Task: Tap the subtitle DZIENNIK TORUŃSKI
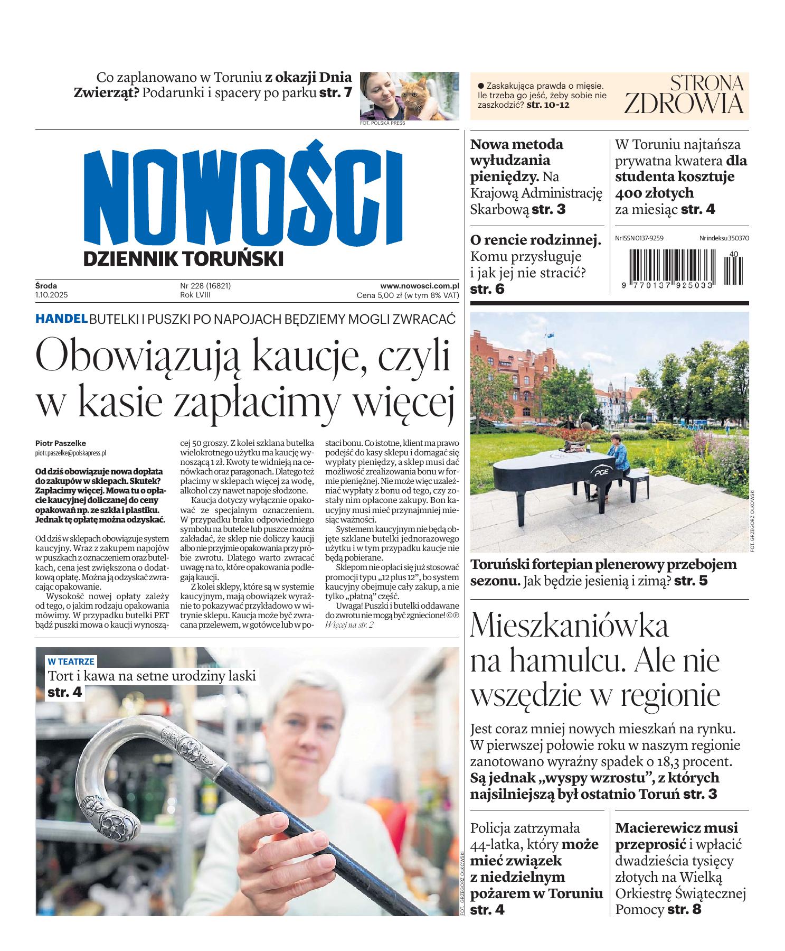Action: point(183,259)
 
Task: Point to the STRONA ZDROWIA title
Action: point(684,95)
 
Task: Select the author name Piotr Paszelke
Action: point(60,443)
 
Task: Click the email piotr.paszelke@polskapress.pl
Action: point(71,453)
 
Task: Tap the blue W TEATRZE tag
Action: point(71,661)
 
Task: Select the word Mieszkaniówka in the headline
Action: point(569,626)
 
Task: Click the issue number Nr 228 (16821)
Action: point(205,286)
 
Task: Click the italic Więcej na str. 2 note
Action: point(349,624)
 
